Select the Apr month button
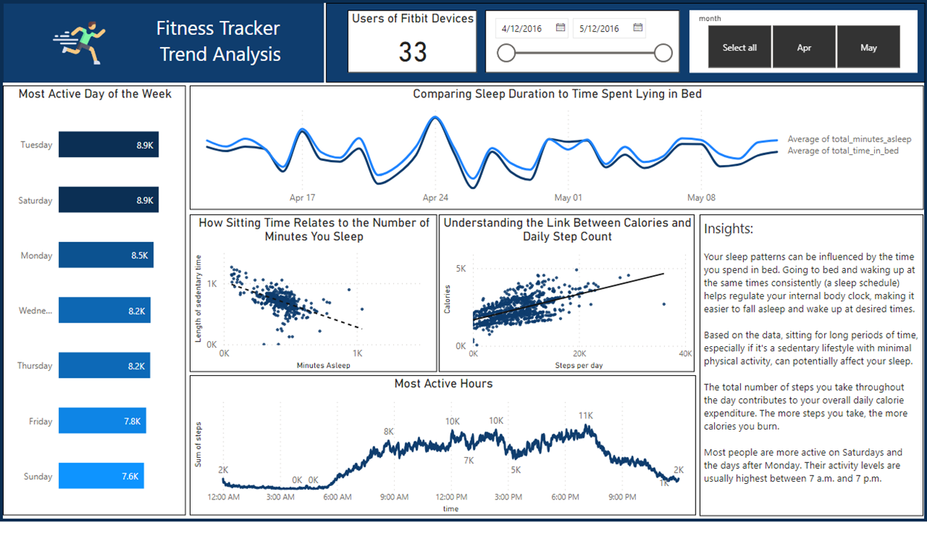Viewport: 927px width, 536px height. (x=804, y=47)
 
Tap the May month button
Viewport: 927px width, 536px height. (x=868, y=47)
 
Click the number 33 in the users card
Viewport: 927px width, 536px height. (x=412, y=51)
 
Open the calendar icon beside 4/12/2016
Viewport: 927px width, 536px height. (x=561, y=28)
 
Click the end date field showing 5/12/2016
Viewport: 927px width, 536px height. (x=600, y=29)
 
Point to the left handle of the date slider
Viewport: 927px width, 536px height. (x=506, y=53)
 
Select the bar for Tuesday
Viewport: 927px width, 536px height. (x=108, y=145)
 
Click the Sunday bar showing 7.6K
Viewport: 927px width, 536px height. (x=101, y=476)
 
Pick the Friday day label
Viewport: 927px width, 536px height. (x=40, y=421)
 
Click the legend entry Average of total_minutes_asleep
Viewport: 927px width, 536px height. (x=849, y=139)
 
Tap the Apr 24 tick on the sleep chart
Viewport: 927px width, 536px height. (x=436, y=198)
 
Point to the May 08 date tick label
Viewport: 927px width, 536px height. (x=701, y=198)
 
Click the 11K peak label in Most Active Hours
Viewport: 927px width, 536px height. (x=585, y=415)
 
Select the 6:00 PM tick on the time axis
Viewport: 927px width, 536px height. (x=565, y=497)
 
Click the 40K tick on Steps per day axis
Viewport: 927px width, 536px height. (x=685, y=354)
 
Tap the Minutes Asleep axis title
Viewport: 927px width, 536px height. (x=323, y=366)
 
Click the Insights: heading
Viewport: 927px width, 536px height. (x=729, y=229)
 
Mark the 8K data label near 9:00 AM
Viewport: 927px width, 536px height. (x=388, y=432)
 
